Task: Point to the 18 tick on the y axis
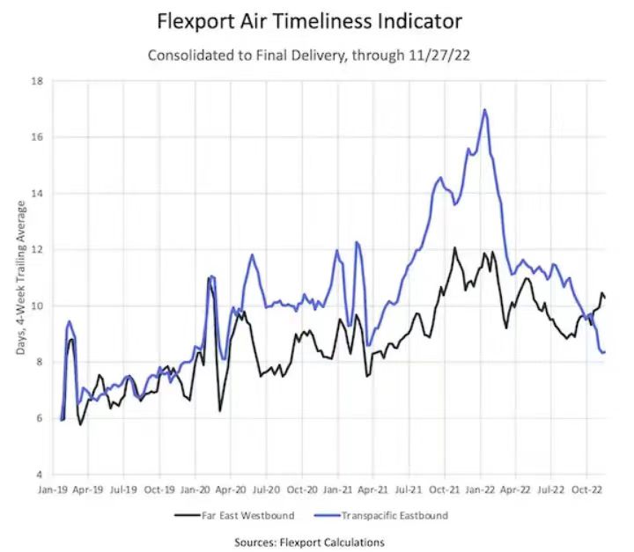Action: coord(38,81)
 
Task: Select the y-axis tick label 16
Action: coord(38,137)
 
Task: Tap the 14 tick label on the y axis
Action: coord(38,193)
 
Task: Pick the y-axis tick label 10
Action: coord(38,305)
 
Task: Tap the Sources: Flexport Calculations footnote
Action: coord(309,542)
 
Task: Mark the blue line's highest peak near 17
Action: coord(485,110)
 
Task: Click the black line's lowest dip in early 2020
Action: coord(220,410)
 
